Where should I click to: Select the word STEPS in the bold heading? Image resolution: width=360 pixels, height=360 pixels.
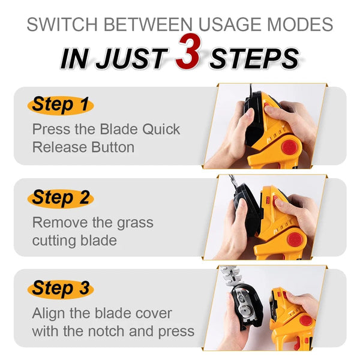pos(254,58)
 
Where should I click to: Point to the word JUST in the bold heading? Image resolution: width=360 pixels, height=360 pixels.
pos(131,58)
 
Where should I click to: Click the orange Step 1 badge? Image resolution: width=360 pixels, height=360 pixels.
pos(60,105)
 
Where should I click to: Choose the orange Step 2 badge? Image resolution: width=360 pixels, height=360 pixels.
pos(61,197)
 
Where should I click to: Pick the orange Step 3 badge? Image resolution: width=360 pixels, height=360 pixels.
pos(61,289)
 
